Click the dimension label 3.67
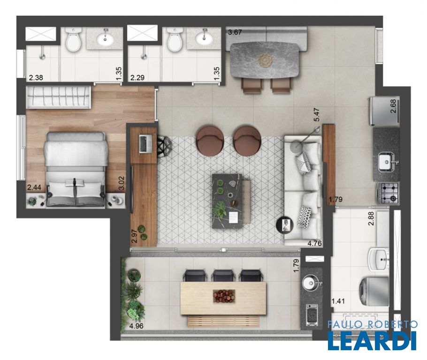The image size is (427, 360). coord(235,32)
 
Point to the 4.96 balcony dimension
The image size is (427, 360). coord(137,326)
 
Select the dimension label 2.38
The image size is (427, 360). coord(36,78)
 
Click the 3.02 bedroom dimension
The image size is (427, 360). coord(121,183)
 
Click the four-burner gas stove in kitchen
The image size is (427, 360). coord(388,193)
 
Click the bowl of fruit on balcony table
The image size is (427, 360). coord(224,296)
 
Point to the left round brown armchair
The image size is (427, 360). coord(210,141)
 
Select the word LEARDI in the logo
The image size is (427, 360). coord(372,340)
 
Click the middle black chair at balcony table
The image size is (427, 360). coord(224,275)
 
